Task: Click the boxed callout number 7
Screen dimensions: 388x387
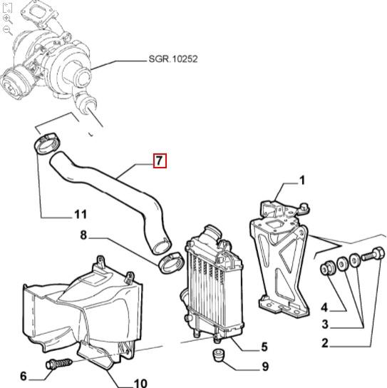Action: (x=160, y=160)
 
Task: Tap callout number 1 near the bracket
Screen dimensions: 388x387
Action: (x=301, y=180)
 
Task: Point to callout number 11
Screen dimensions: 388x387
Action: (x=81, y=214)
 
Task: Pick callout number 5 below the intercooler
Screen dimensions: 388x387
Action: (x=264, y=347)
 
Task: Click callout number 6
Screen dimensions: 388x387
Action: (x=23, y=376)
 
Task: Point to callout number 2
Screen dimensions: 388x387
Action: (x=324, y=344)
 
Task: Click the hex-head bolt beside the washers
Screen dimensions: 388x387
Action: (x=374, y=255)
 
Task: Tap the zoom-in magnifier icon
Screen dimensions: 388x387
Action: (x=7, y=18)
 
